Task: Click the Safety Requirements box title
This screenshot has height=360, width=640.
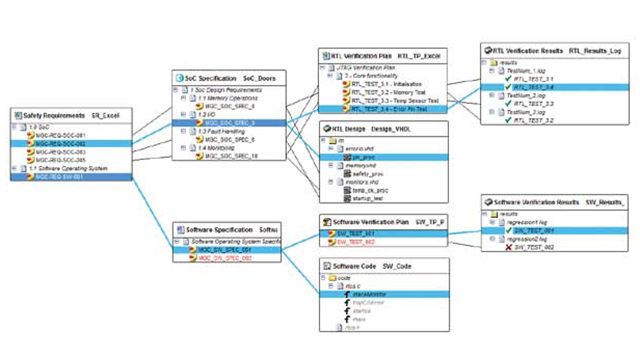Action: (x=50, y=117)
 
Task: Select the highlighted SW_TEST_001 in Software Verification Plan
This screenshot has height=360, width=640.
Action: (x=366, y=234)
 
